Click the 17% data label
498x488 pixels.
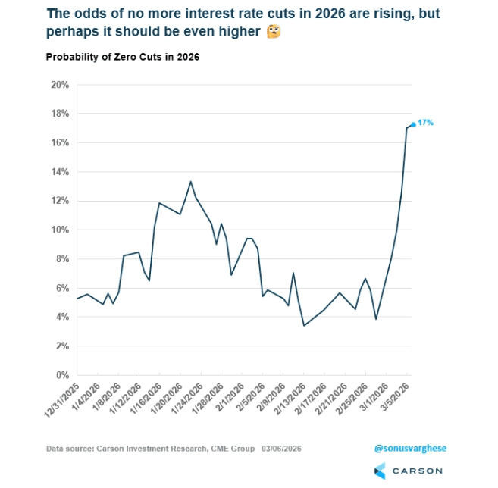point(425,122)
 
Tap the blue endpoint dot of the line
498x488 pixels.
point(413,125)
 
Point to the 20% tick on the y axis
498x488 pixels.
point(60,85)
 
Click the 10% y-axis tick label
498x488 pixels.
point(60,230)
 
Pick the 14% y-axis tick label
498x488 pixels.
point(60,172)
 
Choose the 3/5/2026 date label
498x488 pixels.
point(395,397)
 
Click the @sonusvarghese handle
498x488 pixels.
point(410,449)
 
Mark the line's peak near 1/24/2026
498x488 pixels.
point(190,182)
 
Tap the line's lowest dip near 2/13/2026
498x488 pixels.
point(304,326)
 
